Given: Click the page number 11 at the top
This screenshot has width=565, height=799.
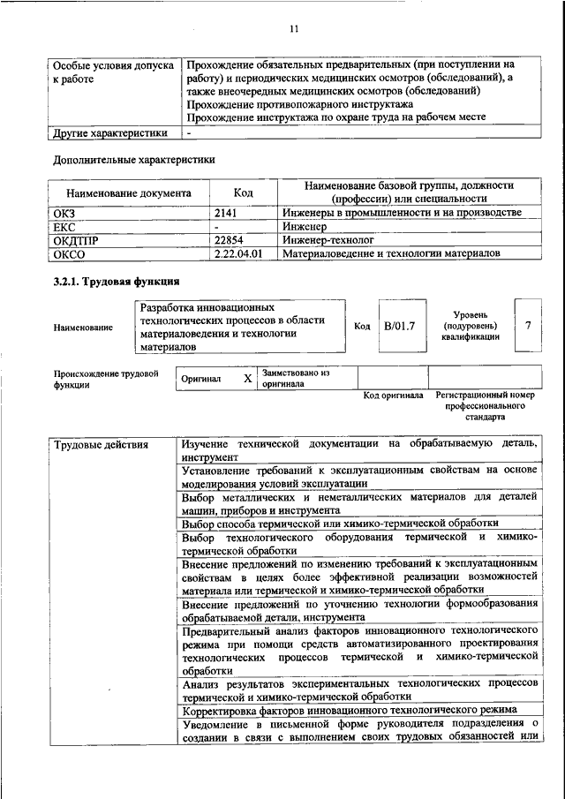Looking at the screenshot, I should coord(295,29).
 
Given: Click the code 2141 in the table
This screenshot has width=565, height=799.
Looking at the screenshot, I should coord(228,213).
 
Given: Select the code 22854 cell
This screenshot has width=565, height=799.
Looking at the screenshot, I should coord(229,239).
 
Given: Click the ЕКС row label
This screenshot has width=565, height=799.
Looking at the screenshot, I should coord(66,226).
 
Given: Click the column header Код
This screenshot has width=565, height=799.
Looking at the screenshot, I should coord(243,192).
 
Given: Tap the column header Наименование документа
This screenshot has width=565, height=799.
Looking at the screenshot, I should coord(128,192).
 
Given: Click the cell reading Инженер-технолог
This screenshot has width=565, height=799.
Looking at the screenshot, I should coord(328,239).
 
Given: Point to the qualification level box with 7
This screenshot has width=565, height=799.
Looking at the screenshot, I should coord(527,325).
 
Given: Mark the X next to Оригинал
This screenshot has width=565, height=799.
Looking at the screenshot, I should coord(247,378).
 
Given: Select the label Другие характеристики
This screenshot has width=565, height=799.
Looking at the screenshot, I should coord(110,133).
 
